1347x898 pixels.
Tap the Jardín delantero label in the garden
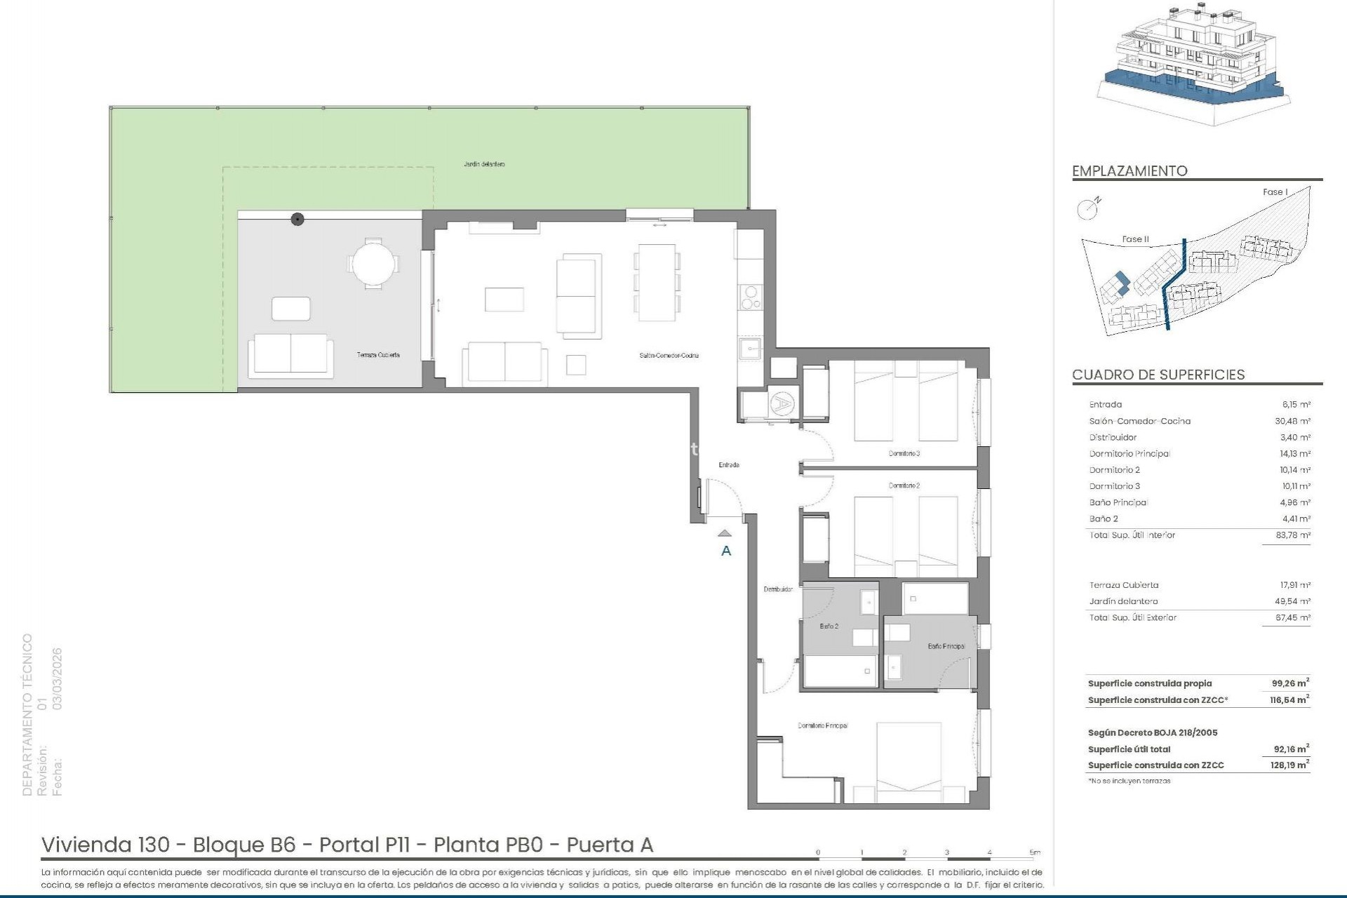tap(484, 164)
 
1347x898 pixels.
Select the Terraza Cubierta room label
tap(378, 355)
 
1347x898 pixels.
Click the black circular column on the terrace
tap(297, 220)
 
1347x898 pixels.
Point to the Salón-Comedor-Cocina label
tap(669, 356)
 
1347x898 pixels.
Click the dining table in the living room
tap(657, 282)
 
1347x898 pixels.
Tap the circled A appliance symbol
tap(780, 403)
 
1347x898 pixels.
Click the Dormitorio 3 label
tap(904, 453)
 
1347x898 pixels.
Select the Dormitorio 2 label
tap(904, 485)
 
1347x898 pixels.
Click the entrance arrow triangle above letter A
tap(725, 534)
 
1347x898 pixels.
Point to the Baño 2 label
tap(829, 626)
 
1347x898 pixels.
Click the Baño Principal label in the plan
tap(946, 646)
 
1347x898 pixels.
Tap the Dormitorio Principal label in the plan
tap(822, 725)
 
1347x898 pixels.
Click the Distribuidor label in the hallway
tap(778, 589)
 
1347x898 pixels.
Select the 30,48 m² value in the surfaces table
tap(1295, 421)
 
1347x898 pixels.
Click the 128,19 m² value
tap(1289, 765)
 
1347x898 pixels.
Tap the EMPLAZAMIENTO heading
tap(1130, 171)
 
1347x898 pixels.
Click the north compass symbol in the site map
tap(1087, 208)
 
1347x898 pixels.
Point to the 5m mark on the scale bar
tap(1035, 852)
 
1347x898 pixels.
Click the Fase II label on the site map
tap(1135, 239)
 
